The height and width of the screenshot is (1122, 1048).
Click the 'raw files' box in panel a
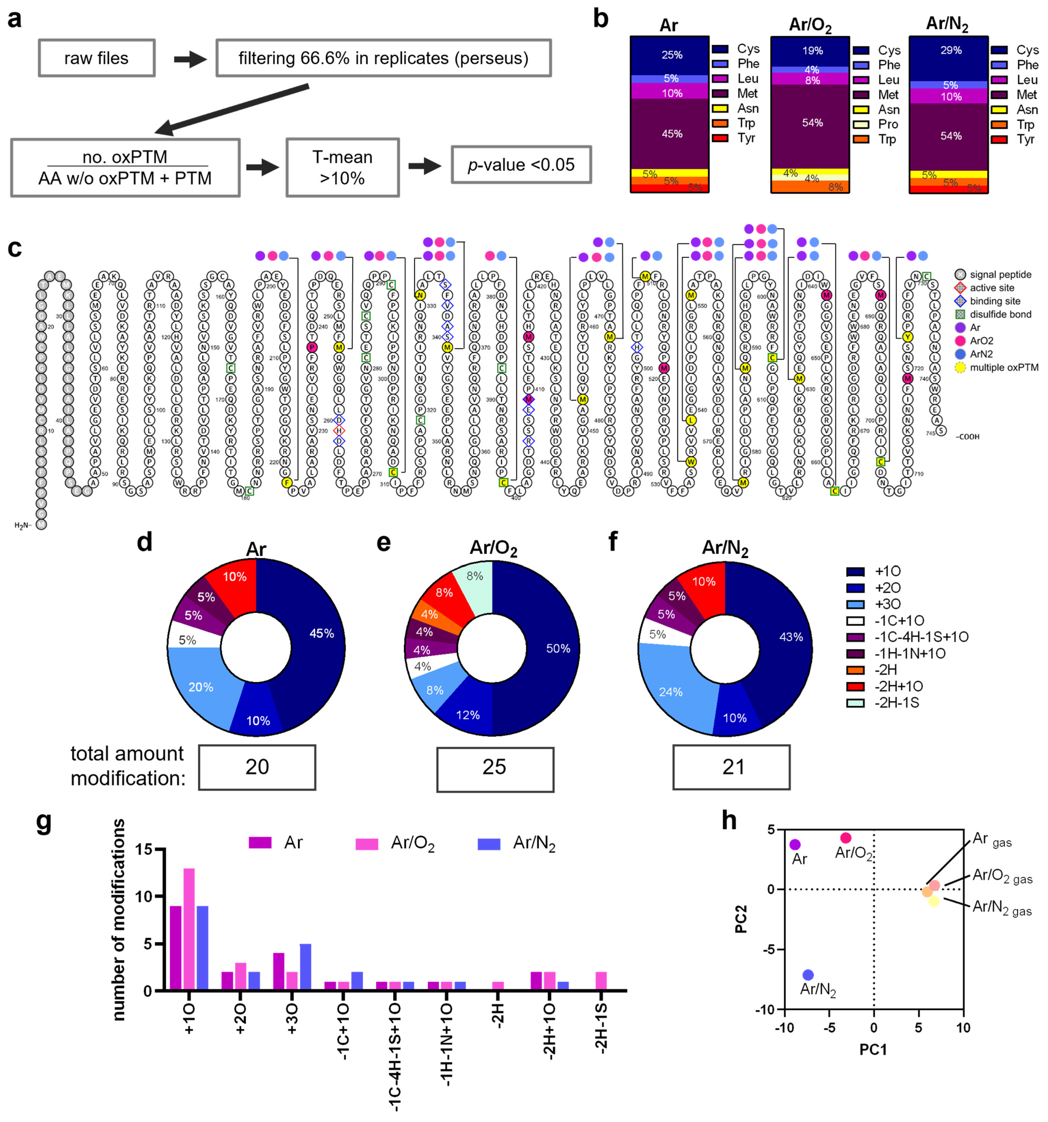click(97, 58)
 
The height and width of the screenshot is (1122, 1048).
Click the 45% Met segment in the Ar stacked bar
click(669, 134)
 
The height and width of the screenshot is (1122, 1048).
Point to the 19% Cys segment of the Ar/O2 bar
click(810, 51)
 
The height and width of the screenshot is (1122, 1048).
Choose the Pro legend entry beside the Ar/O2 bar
click(887, 124)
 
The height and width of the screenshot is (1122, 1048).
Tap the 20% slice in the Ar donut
click(200, 687)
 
